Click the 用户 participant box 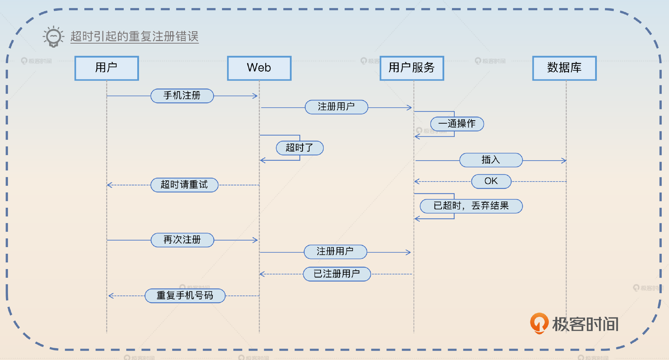pos(107,68)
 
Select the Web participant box pos(259,68)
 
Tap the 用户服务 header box pos(412,68)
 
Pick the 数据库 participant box pos(564,68)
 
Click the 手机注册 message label pos(182,96)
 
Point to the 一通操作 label pos(457,124)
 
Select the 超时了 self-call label pos(299,148)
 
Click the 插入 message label pos(491,160)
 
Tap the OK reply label pos(491,181)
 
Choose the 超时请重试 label pos(184,185)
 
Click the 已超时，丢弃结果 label pos(471,206)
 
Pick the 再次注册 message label pos(182,240)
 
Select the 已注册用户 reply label pos(337,274)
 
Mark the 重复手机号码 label pos(185,296)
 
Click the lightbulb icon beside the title pos(53,36)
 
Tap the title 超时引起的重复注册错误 pos(134,37)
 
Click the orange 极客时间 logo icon pos(539,323)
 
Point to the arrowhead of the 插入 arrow pos(564,161)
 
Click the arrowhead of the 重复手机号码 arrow pos(110,296)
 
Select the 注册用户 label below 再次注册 pos(335,252)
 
